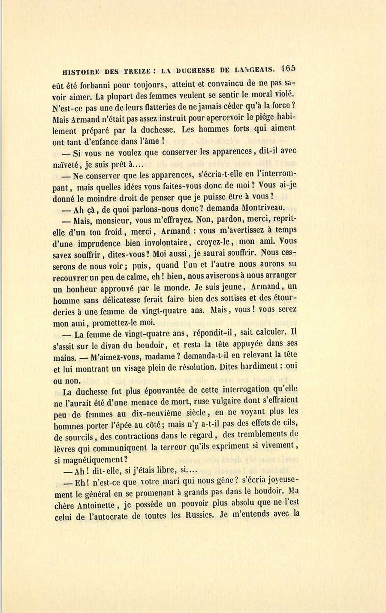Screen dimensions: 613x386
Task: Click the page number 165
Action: tap(289, 69)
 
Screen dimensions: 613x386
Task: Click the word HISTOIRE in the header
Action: tap(84, 71)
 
